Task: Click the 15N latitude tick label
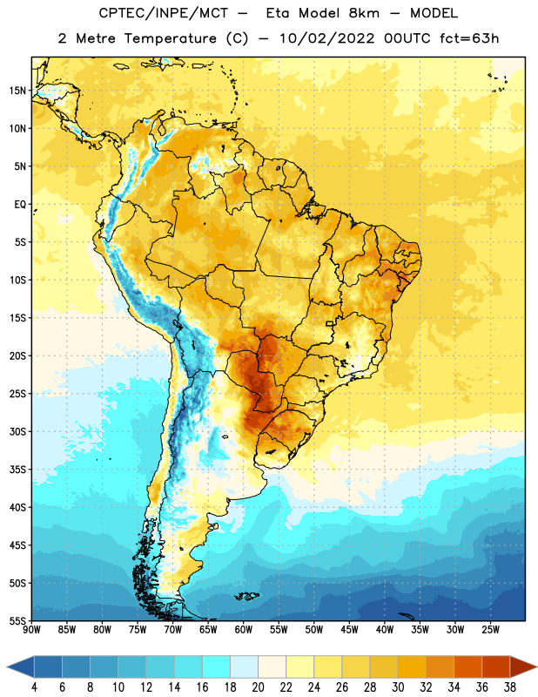pyautogui.click(x=17, y=91)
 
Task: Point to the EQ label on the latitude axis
pyautogui.click(x=20, y=205)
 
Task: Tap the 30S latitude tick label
pyautogui.click(x=17, y=431)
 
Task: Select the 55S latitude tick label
pyautogui.click(x=17, y=621)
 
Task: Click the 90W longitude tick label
pyautogui.click(x=31, y=630)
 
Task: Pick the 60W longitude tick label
pyautogui.click(x=244, y=630)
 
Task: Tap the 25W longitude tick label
pyautogui.click(x=490, y=630)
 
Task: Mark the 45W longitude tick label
pyautogui.click(x=349, y=630)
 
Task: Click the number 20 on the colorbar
pyautogui.click(x=258, y=687)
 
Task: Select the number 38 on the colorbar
pyautogui.click(x=509, y=687)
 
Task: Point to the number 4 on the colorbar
pyautogui.click(x=34, y=687)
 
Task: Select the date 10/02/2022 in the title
pyautogui.click(x=327, y=38)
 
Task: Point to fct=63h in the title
pyautogui.click(x=469, y=38)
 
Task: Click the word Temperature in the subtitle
pyautogui.click(x=170, y=38)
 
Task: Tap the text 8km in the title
pyautogui.click(x=364, y=13)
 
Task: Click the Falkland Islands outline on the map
pyautogui.click(x=247, y=596)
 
